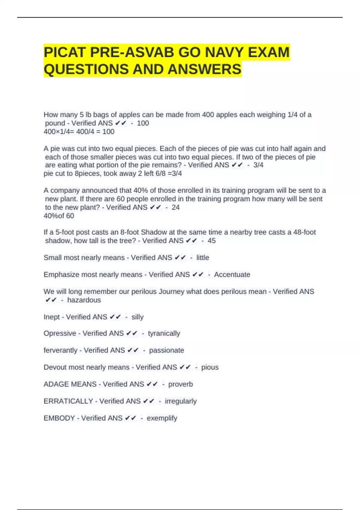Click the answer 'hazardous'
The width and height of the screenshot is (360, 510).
pos(84,300)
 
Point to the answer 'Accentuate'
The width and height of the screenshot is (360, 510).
pos(232,274)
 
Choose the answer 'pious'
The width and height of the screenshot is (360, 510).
pos(210,367)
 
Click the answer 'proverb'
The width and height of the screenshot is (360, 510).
pos(180,384)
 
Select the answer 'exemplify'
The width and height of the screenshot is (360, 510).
pos(162,418)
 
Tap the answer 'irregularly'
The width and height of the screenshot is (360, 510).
pos(181,401)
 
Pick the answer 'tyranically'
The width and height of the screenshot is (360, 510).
pos(164,333)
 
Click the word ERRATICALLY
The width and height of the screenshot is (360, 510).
pos(68,401)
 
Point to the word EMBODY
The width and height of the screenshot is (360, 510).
pos(59,418)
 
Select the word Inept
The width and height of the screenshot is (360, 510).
pos(52,317)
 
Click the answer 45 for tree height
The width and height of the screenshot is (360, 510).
pos(211,241)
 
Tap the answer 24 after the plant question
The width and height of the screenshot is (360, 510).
pos(175,207)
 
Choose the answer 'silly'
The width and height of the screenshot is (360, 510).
pos(137,317)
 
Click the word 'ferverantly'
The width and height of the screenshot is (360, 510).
pos(60,350)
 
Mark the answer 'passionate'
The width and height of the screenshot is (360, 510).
pos(166,350)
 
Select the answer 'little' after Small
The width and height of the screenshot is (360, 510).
pos(202,257)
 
